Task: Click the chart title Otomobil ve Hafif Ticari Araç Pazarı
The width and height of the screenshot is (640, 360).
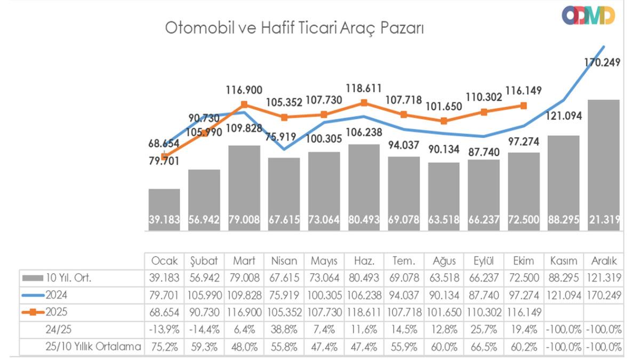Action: (294, 28)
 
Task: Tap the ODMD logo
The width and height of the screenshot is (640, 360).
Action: (588, 15)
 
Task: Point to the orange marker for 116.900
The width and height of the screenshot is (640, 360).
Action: (244, 105)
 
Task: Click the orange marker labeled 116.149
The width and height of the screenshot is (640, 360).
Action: (524, 106)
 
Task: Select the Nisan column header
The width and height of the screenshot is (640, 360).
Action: (284, 261)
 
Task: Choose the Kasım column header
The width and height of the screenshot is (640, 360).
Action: (564, 261)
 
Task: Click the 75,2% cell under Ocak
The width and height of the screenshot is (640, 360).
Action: (165, 347)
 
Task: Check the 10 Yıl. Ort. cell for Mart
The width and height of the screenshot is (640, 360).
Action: (244, 278)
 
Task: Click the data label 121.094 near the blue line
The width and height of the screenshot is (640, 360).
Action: (563, 117)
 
